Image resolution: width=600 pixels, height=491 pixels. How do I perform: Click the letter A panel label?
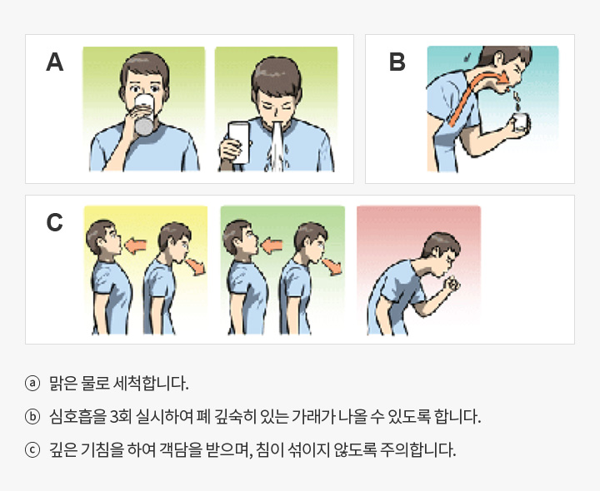54,62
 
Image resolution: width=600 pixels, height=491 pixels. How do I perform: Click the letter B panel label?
397,62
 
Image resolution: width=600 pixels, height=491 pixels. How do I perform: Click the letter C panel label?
54,222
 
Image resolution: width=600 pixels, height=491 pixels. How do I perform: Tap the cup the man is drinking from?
144,115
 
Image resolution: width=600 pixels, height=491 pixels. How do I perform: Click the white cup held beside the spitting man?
239,142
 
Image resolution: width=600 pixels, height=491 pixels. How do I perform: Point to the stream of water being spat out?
277,147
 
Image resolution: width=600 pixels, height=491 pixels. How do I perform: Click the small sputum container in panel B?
521,122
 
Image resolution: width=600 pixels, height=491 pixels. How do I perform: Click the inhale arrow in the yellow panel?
136,245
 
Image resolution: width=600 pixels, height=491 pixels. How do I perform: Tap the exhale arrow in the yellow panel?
196,266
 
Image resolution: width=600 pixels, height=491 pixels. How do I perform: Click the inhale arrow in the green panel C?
272,245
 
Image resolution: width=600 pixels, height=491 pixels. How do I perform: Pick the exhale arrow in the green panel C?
332,266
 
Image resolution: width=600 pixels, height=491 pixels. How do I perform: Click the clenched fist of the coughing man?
452,285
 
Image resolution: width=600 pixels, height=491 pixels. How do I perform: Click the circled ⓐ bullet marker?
32,384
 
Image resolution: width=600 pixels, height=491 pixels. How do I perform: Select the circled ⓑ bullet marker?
32,416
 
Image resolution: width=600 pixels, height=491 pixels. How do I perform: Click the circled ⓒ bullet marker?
32,449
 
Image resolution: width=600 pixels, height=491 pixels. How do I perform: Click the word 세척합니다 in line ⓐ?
151,384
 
